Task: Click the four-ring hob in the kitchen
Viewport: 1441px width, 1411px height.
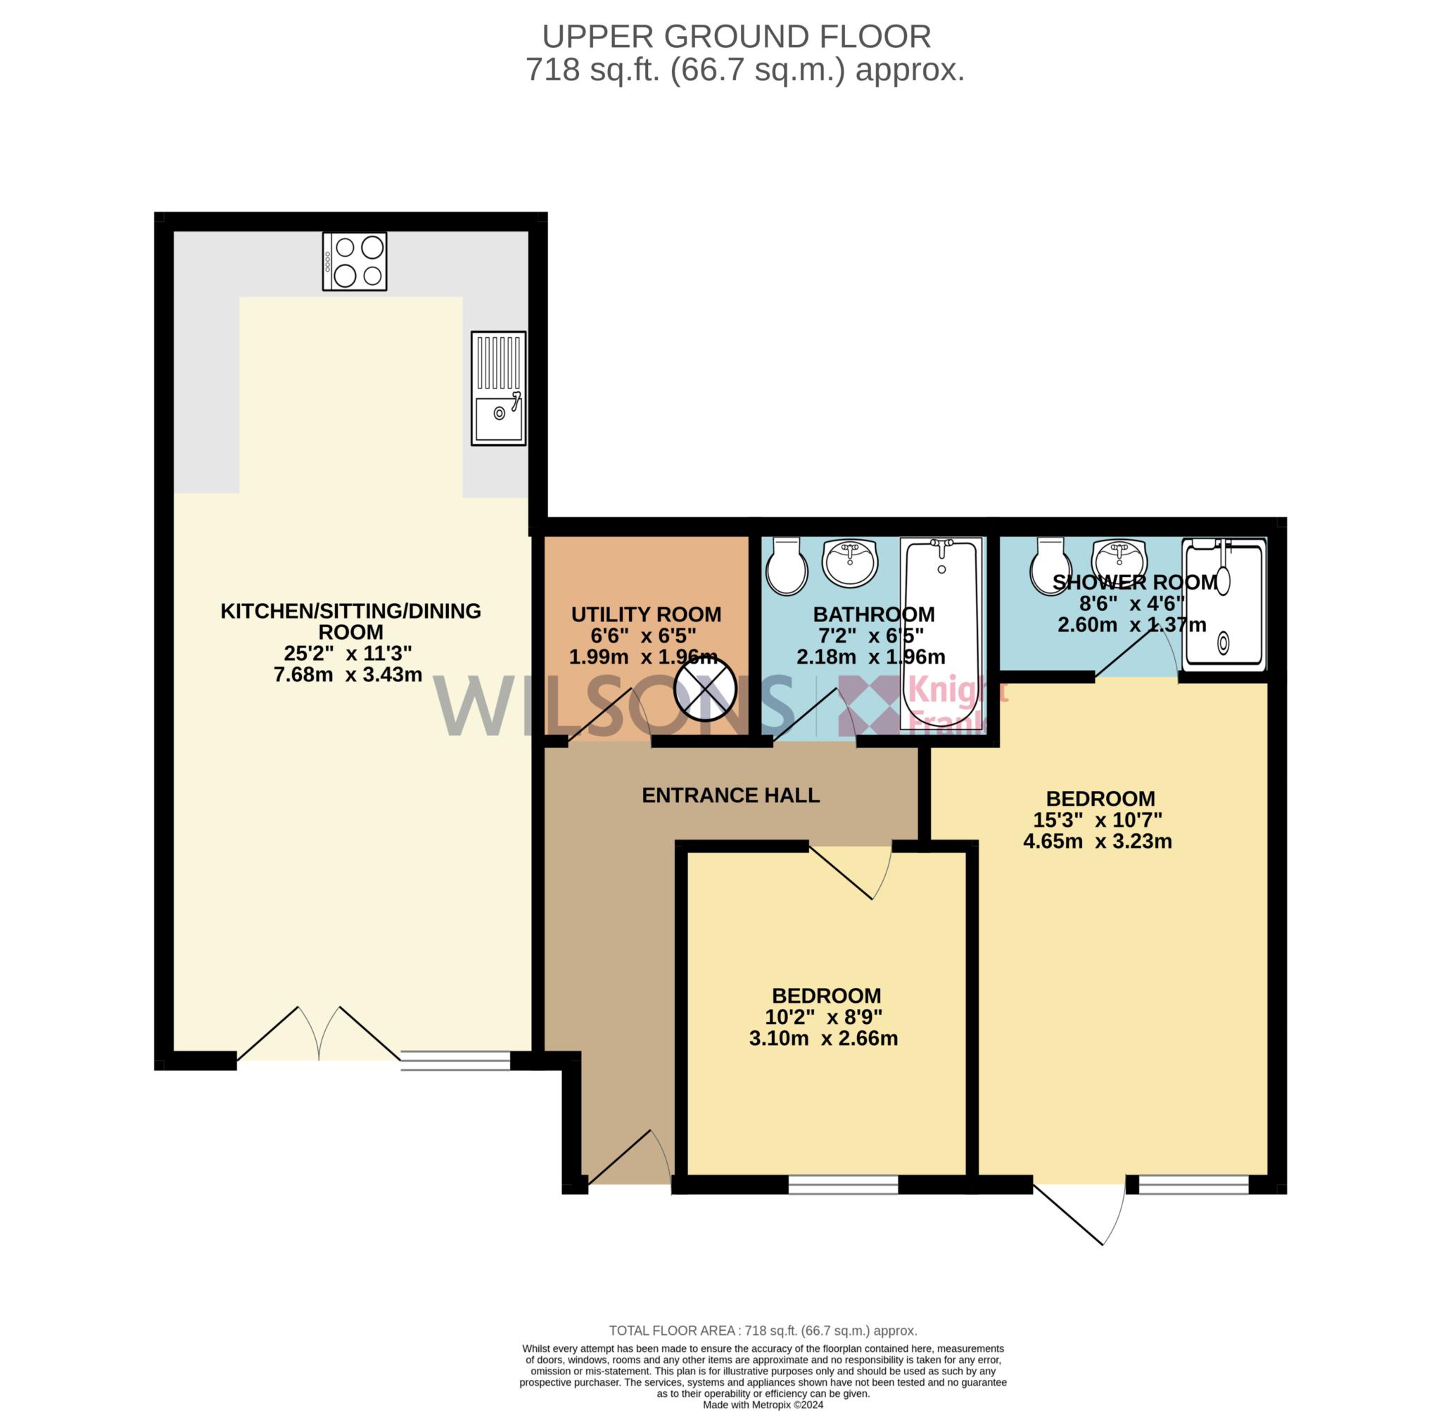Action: tap(354, 261)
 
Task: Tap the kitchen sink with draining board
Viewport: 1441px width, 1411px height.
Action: tap(498, 388)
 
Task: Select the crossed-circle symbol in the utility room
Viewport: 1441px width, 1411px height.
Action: tap(704, 688)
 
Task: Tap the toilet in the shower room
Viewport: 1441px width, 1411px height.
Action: tap(1050, 567)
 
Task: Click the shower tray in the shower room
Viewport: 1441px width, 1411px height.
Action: tap(1224, 604)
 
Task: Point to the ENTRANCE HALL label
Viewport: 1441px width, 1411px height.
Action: tap(730, 795)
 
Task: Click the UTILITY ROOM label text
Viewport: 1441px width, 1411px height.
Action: tap(646, 614)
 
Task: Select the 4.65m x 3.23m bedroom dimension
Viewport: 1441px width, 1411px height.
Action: tap(1097, 841)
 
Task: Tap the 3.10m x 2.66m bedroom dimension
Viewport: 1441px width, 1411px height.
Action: tap(823, 1038)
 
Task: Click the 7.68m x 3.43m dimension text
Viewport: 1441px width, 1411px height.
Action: tap(348, 674)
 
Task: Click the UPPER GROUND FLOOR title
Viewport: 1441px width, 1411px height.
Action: tap(737, 37)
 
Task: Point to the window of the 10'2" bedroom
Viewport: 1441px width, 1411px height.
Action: tap(843, 1185)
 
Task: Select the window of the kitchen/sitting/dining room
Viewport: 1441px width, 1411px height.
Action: tap(456, 1061)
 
